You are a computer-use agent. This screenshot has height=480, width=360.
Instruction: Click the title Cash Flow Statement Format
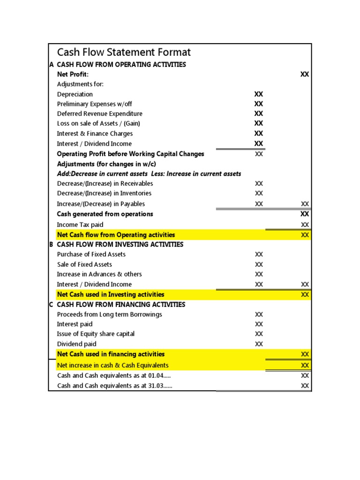pyautogui.click(x=124, y=52)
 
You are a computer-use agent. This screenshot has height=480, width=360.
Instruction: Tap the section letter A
pyautogui.click(x=52, y=65)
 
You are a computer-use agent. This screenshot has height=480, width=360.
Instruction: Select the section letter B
pyautogui.click(x=52, y=244)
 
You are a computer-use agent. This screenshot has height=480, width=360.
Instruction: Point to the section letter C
pyautogui.click(x=52, y=304)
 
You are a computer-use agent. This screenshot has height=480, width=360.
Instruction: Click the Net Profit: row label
pyautogui.click(x=73, y=75)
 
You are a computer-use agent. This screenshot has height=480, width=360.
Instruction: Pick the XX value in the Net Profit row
pyautogui.click(x=305, y=75)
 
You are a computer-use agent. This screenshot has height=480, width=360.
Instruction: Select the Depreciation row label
pyautogui.click(x=75, y=94)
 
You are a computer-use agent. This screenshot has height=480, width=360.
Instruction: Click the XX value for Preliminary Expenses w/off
pyautogui.click(x=259, y=104)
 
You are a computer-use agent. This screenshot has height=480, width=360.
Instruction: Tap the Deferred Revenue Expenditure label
pyautogui.click(x=99, y=113)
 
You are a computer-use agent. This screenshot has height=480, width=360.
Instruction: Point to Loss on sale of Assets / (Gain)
pyautogui.click(x=98, y=123)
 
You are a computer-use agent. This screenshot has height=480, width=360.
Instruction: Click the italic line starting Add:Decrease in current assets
pyautogui.click(x=149, y=173)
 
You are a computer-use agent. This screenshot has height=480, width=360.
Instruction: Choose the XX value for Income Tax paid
pyautogui.click(x=305, y=225)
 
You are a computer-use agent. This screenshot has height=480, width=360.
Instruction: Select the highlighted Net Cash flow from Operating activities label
pyautogui.click(x=116, y=235)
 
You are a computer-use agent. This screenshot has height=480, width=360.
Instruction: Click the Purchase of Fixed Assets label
pyautogui.click(x=91, y=254)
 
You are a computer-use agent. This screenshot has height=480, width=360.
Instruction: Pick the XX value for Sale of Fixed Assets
pyautogui.click(x=259, y=264)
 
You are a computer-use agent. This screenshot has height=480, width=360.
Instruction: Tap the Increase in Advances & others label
pyautogui.click(x=99, y=274)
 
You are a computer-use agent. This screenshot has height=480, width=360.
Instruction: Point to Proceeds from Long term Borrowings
pyautogui.click(x=110, y=315)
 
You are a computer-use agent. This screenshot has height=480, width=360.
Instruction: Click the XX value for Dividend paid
pyautogui.click(x=259, y=344)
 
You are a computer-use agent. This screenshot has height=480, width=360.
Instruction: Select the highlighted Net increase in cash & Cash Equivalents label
pyautogui.click(x=112, y=365)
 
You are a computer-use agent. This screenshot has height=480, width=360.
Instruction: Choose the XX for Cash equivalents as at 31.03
pyautogui.click(x=305, y=386)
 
